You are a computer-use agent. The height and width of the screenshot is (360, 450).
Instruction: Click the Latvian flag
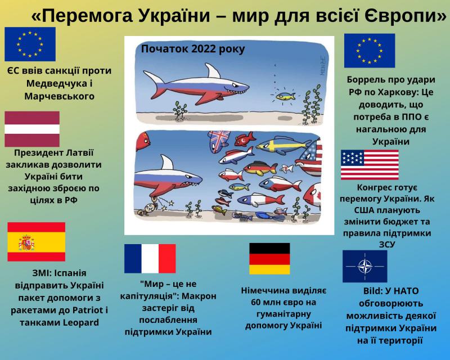click(x=32, y=129)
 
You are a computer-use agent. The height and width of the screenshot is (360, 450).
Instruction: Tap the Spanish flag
click(x=37, y=242)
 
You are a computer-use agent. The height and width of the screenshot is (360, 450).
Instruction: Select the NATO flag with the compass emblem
click(x=364, y=266)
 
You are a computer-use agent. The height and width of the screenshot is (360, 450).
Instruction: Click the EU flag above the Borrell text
click(x=370, y=51)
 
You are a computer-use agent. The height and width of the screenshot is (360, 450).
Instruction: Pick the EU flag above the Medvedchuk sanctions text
click(x=30, y=44)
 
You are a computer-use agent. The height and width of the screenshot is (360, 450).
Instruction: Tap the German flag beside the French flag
click(x=269, y=259)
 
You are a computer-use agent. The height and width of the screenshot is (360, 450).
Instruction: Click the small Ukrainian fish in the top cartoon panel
click(x=285, y=96)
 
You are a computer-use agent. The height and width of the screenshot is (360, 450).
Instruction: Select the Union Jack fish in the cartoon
click(x=219, y=142)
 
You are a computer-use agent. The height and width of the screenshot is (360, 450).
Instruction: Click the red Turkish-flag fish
click(x=245, y=139)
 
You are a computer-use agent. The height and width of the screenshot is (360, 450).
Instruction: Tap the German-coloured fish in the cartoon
click(x=260, y=169)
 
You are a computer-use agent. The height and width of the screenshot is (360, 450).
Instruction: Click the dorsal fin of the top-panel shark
click(x=213, y=70)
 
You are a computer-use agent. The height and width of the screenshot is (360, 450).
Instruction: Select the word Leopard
click(x=80, y=323)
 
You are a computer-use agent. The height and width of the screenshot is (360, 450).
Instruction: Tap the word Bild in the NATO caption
click(x=371, y=291)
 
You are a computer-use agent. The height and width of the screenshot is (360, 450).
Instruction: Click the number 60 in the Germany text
click(x=256, y=302)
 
